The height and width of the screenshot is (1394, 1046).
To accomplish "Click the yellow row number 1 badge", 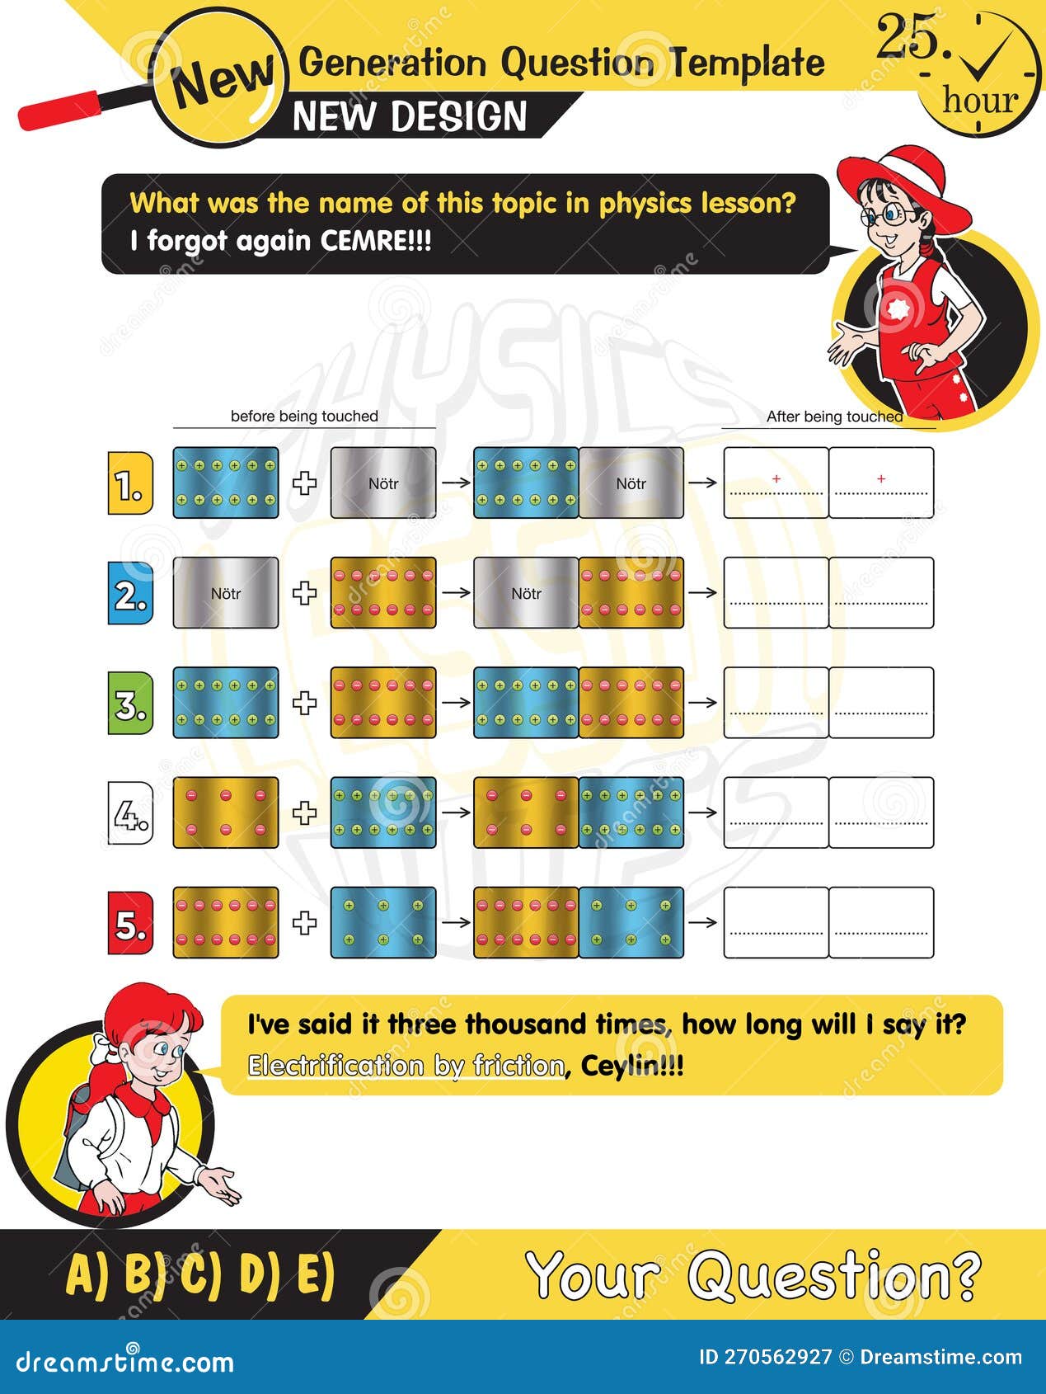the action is click(130, 483).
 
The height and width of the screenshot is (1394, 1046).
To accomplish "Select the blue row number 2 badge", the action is click(130, 593).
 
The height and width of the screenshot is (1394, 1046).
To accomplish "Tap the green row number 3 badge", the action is click(130, 703).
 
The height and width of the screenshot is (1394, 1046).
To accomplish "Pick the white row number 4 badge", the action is click(130, 813).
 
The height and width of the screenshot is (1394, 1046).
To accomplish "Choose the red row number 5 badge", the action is click(130, 923).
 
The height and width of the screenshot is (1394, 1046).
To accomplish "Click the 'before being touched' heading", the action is click(304, 417).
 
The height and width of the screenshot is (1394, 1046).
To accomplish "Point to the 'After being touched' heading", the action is click(834, 417).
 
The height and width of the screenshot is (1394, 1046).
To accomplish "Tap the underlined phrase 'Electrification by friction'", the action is click(406, 1066).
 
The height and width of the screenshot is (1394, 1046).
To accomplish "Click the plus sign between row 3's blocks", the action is click(305, 703).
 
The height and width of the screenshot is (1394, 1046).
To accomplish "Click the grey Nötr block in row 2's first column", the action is click(226, 593).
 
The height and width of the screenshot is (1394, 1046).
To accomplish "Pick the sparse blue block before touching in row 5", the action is click(383, 923).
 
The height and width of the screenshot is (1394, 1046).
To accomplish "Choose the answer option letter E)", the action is click(316, 1275).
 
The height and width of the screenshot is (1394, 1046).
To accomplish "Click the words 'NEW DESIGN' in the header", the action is click(410, 116).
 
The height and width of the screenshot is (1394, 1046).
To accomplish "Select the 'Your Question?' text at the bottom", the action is click(753, 1275).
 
